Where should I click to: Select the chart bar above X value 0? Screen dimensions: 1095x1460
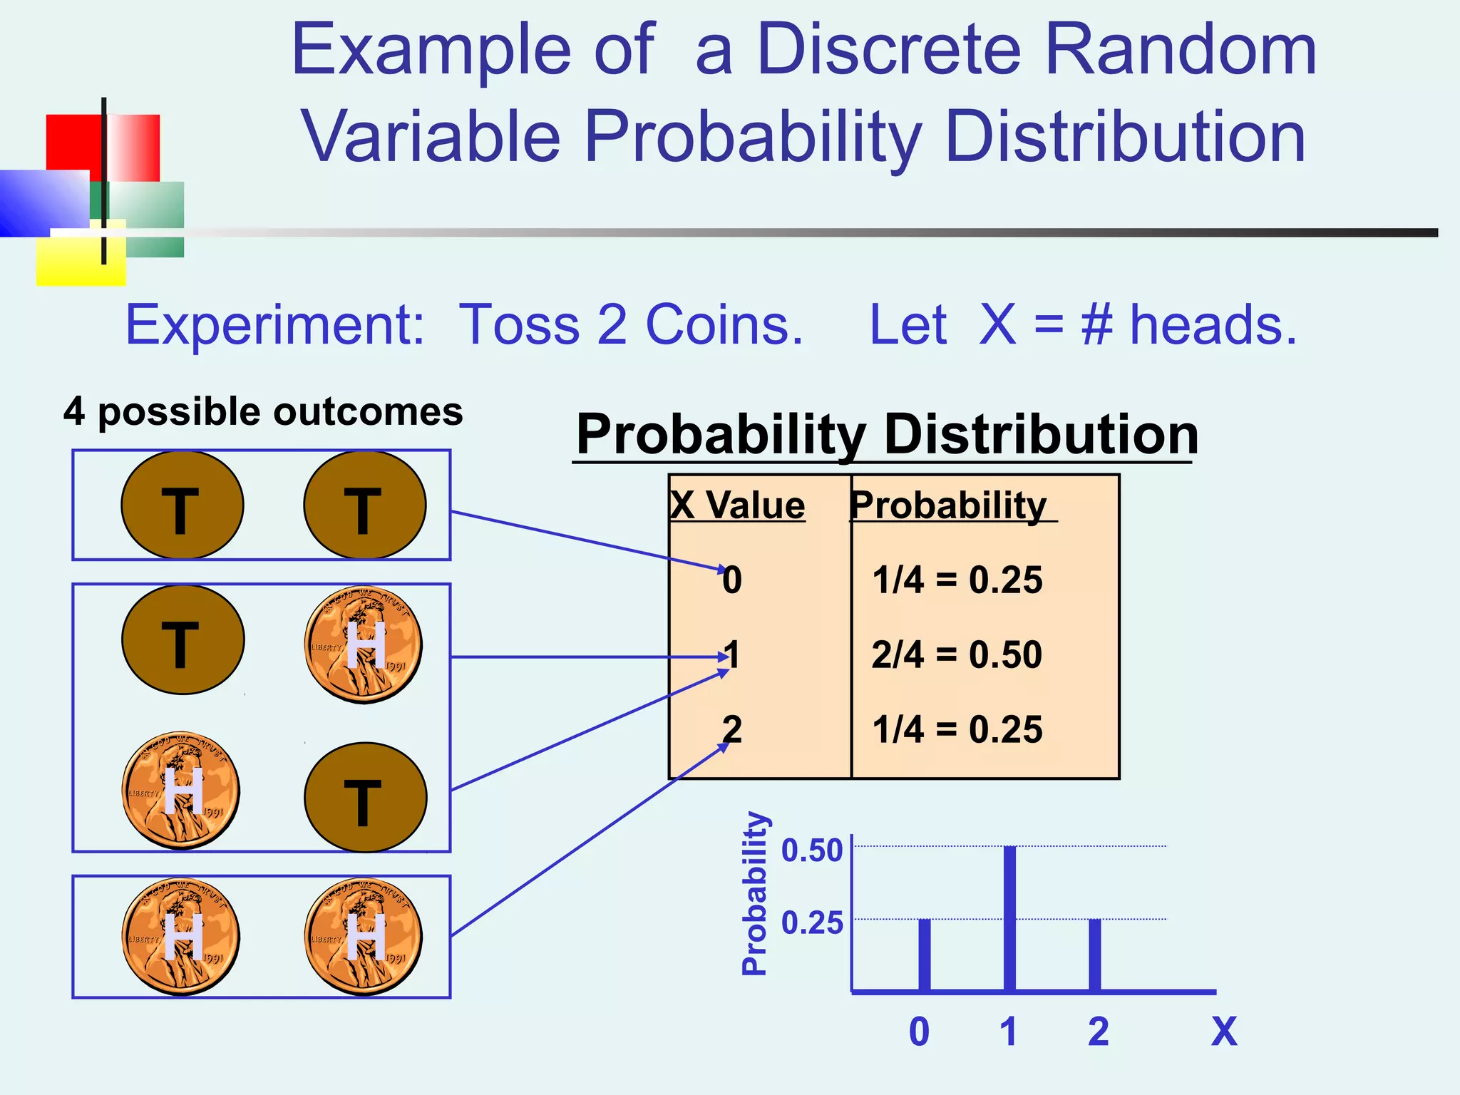(x=925, y=955)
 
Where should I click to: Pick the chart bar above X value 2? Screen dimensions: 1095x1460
(x=1095, y=955)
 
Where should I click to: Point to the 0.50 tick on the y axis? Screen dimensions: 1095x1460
(x=812, y=850)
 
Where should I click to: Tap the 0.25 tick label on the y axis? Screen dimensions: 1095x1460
(x=812, y=923)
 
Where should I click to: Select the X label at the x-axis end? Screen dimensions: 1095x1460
(x=1224, y=1032)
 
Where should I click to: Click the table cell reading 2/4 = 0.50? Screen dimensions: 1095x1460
(x=957, y=654)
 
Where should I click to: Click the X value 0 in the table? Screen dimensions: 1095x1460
(x=732, y=580)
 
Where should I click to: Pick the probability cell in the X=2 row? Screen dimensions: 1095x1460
(x=957, y=729)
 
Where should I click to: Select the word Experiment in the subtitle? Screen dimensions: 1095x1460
(x=275, y=325)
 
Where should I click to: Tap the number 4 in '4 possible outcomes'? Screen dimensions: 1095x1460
(x=74, y=412)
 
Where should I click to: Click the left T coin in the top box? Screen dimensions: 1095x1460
(x=182, y=505)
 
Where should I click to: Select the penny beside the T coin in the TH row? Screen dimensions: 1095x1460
(x=364, y=645)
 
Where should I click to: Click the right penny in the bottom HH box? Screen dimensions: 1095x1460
(x=364, y=936)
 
